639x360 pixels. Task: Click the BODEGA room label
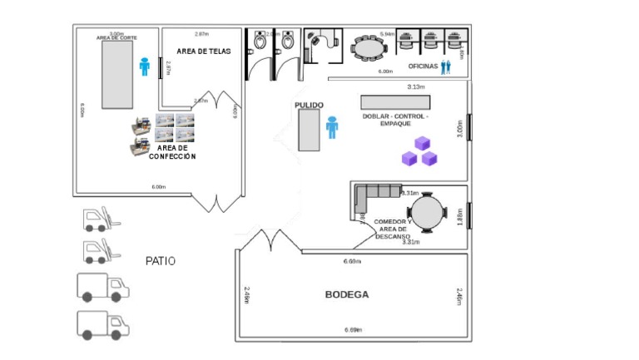point(346,295)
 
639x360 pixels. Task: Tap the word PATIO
point(161,261)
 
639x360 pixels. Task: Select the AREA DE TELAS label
point(203,52)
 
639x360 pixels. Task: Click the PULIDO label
point(309,105)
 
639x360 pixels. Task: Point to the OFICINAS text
point(423,67)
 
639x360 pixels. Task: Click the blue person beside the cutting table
point(144,66)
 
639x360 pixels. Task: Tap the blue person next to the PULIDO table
point(332,127)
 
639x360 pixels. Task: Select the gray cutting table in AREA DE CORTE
point(117,74)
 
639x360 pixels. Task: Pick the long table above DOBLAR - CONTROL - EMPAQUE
point(395,101)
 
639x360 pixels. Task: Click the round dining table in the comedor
point(430,211)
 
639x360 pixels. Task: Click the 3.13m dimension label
point(416,86)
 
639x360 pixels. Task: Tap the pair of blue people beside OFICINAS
point(446,67)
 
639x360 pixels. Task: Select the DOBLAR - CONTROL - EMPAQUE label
point(395,120)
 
